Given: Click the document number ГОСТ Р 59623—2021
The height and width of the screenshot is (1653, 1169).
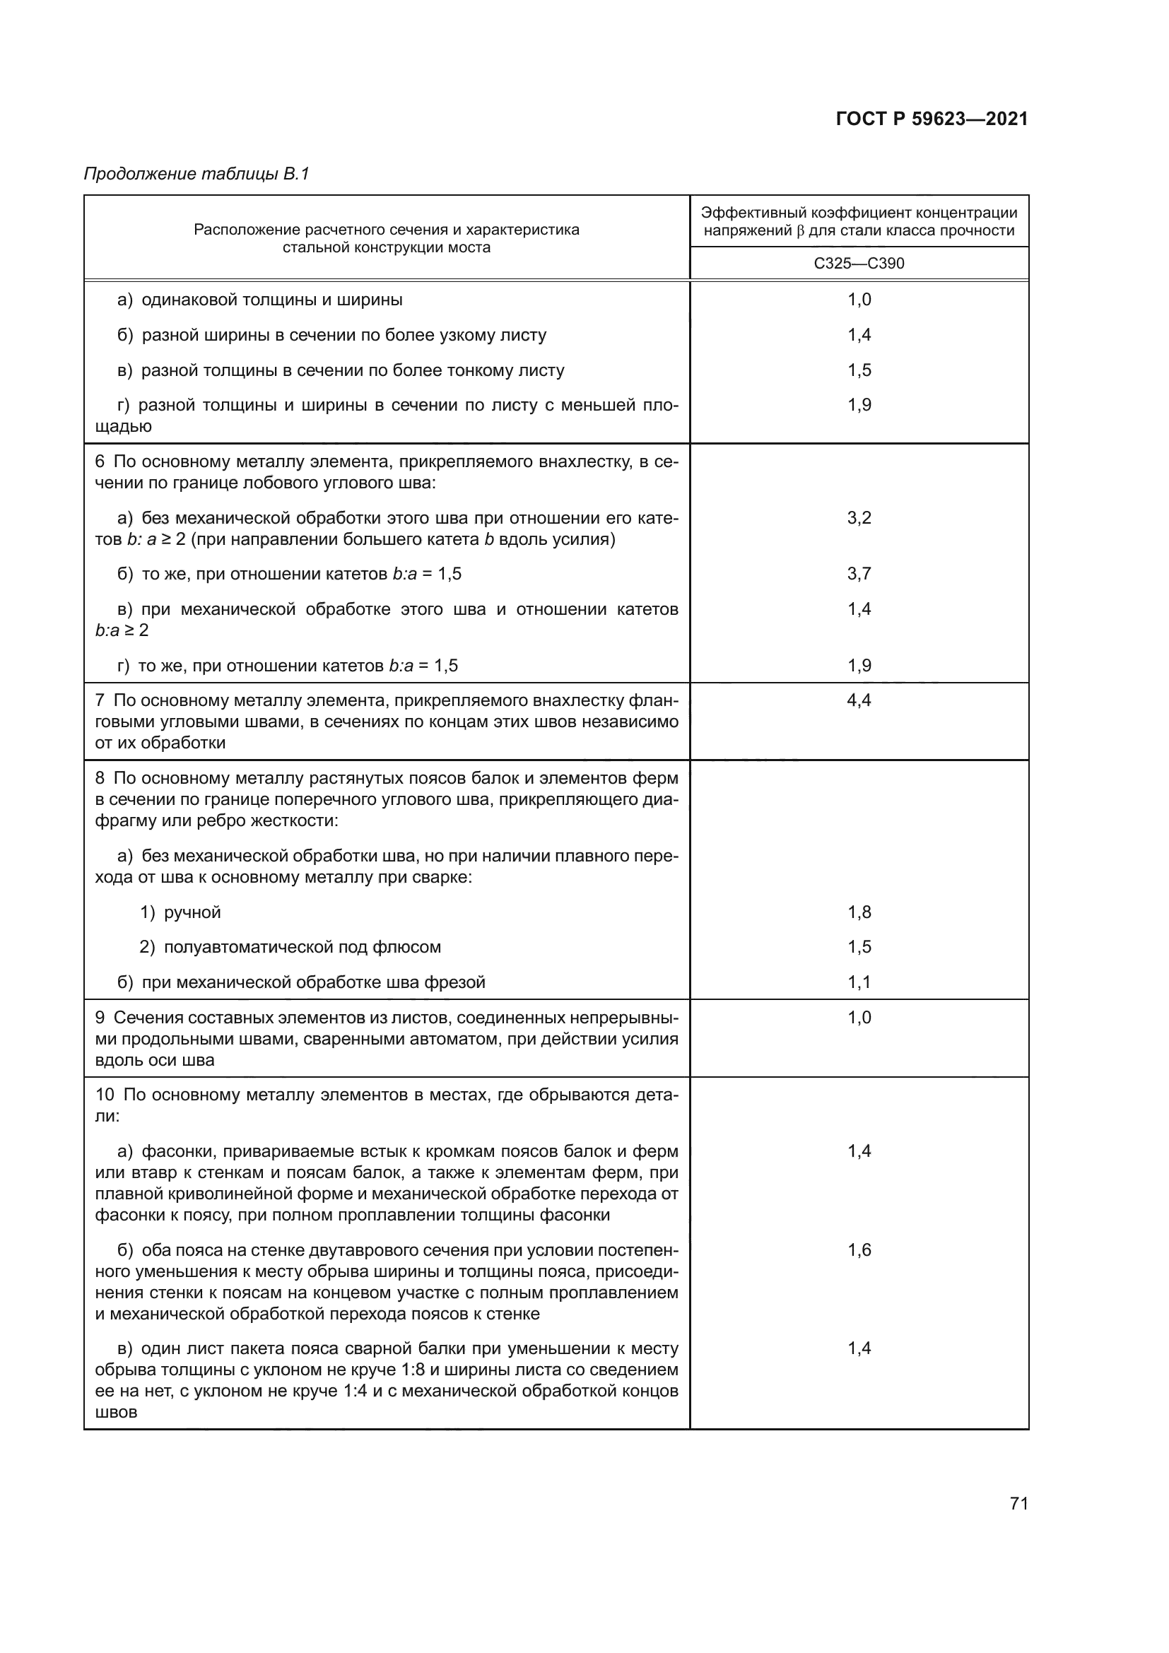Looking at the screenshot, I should tap(932, 119).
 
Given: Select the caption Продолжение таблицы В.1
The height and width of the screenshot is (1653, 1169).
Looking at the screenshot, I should tap(196, 174).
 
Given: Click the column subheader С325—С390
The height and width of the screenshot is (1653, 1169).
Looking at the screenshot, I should tap(859, 264).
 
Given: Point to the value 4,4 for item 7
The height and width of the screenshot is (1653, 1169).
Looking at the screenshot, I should tap(859, 700).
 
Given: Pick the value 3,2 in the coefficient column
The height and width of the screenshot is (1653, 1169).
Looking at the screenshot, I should tap(859, 517).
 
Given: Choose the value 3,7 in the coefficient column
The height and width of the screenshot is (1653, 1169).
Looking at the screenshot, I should tap(859, 574).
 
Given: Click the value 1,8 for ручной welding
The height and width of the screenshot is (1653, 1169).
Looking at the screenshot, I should tap(859, 912).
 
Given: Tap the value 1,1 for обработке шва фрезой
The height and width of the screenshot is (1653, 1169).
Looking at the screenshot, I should tap(859, 982).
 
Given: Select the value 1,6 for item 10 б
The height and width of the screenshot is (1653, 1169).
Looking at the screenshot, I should tap(859, 1250).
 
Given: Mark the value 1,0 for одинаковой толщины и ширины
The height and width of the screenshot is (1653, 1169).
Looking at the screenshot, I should tap(859, 300).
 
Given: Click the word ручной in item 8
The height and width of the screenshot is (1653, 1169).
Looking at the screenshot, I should tap(192, 913).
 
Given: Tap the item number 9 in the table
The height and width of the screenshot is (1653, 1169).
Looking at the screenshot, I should tap(100, 1017).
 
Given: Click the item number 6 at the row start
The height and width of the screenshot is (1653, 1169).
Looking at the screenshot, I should tap(100, 461).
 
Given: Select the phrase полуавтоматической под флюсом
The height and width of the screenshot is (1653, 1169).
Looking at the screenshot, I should tap(302, 948).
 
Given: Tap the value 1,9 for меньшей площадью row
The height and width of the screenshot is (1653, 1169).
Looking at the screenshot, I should tap(859, 405).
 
